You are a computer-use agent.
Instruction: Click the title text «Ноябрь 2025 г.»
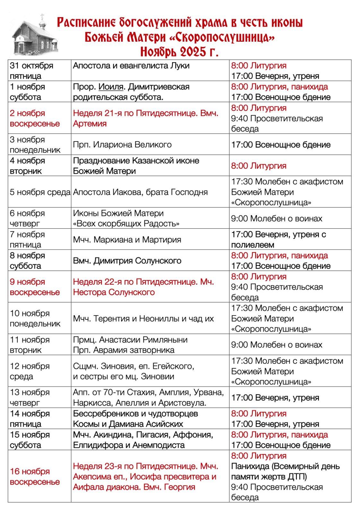tap(179, 51)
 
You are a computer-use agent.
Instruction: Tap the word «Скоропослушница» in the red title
tap(222, 37)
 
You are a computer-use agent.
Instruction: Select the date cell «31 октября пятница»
tap(31, 71)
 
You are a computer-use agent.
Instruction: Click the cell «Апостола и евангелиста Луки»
tap(131, 66)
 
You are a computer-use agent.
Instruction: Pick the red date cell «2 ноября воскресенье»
tap(35, 118)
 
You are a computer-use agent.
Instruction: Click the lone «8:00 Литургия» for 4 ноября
tap(259, 166)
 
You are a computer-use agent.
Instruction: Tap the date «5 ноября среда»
tap(40, 192)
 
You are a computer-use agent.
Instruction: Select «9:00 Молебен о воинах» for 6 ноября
tap(277, 218)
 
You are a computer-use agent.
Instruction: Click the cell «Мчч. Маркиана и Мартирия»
tap(127, 240)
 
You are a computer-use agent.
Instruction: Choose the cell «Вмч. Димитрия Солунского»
tap(127, 261)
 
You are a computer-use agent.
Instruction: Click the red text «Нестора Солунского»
tap(114, 292)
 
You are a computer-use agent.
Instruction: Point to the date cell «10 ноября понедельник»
tap(35, 318)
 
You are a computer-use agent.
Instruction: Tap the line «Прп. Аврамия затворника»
tap(124, 350)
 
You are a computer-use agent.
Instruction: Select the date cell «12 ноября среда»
tap(30, 371)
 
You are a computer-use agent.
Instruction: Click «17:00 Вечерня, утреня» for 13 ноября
tap(275, 398)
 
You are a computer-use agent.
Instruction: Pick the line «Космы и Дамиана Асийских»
tap(128, 424)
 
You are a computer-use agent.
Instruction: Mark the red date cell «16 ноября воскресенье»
tap(35, 476)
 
